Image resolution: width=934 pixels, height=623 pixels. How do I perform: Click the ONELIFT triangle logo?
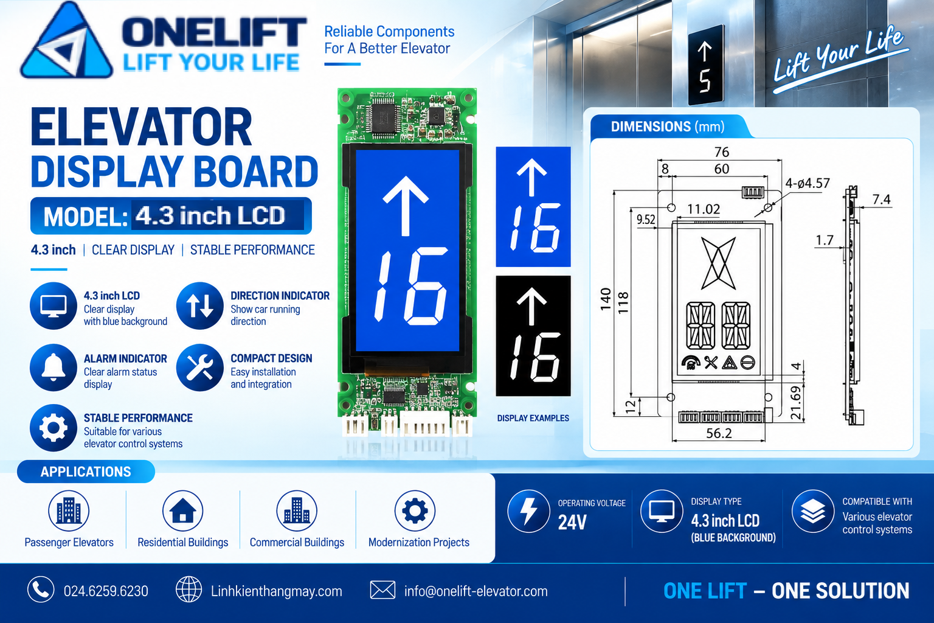click(67, 42)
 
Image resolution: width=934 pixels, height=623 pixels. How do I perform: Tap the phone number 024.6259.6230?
click(106, 591)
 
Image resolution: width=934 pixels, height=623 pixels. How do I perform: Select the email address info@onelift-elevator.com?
click(476, 591)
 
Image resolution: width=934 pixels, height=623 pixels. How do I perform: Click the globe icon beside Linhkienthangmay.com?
click(189, 590)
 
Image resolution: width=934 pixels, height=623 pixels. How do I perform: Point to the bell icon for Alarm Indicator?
click(54, 367)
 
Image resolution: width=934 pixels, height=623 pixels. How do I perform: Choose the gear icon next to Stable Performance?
click(54, 428)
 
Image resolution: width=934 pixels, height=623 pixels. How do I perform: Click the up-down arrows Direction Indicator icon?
click(199, 306)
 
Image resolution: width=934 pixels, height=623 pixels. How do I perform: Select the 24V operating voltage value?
click(572, 522)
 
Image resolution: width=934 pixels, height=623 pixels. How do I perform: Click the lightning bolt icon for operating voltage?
click(528, 511)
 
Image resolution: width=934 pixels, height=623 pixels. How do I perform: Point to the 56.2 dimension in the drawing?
click(719, 433)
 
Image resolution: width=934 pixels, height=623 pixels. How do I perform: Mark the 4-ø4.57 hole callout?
click(808, 183)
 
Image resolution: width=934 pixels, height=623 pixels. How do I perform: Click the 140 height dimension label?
click(606, 299)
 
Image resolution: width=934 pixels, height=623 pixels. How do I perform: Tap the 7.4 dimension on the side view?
click(882, 200)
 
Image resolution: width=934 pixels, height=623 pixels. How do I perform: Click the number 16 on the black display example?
click(534, 358)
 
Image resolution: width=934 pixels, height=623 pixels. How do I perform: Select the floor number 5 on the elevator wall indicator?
click(705, 80)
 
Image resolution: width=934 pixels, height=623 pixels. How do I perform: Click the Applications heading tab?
click(86, 472)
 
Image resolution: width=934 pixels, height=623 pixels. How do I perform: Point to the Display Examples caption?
click(533, 418)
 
